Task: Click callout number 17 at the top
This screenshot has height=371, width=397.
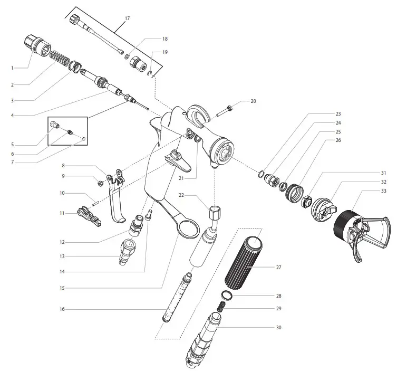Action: point(127,18)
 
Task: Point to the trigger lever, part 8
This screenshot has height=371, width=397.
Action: point(116,195)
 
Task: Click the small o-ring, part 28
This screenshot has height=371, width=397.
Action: point(225,295)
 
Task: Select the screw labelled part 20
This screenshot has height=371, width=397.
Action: point(226,111)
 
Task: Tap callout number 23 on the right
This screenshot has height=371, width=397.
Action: point(338,113)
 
